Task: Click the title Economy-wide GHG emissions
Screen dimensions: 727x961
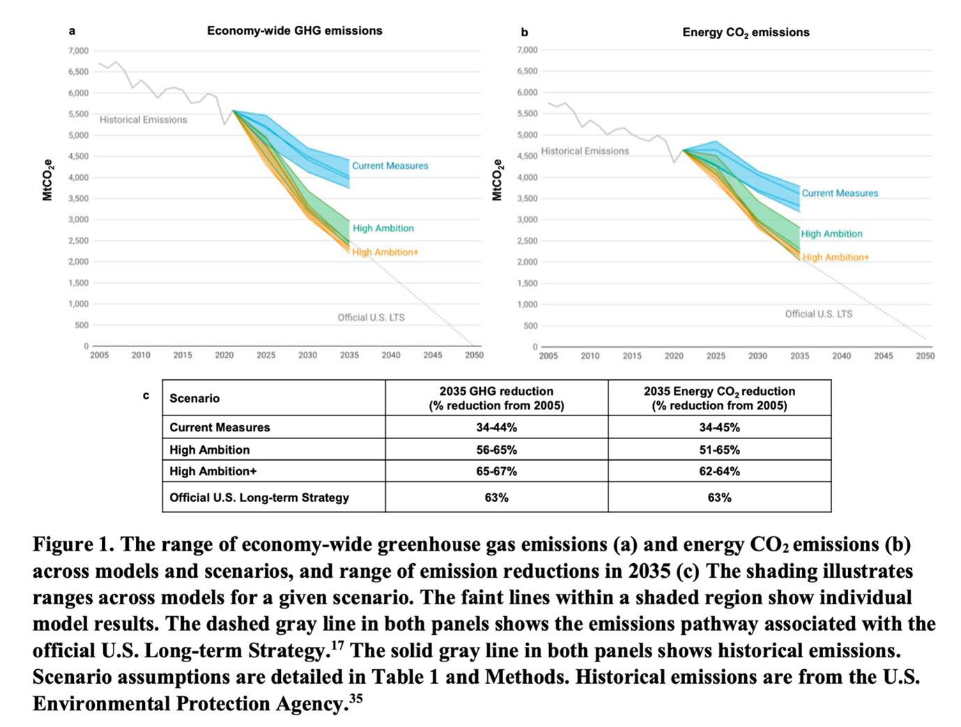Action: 294,31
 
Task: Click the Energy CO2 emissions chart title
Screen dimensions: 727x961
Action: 745,32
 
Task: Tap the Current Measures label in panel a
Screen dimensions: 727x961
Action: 390,166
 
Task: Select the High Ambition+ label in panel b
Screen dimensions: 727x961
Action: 836,257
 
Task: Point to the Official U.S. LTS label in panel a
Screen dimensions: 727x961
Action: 371,317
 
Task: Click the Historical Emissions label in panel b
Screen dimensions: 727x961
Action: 585,151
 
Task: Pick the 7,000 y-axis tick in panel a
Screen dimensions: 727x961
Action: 79,51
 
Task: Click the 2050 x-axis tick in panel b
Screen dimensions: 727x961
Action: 925,355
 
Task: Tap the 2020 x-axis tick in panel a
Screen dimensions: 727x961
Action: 224,355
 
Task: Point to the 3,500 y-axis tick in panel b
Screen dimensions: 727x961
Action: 528,199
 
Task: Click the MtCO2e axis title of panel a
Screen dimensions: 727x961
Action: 47,180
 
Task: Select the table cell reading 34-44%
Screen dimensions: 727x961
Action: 496,427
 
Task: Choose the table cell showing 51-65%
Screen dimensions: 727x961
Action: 719,450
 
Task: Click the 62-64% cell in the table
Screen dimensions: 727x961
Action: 719,471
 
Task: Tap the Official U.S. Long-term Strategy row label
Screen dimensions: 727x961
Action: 259,498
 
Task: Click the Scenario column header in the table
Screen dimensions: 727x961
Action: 194,398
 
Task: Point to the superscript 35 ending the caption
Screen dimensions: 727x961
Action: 355,698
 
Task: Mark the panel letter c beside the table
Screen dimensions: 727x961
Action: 146,395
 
